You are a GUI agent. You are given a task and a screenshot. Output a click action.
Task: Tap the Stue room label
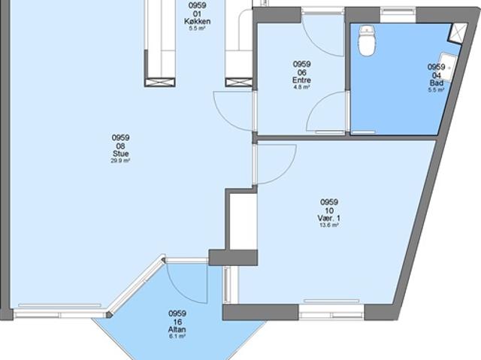(120, 153)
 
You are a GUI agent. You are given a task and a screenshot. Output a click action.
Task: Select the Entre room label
(301, 80)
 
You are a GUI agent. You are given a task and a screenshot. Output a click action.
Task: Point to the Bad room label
(436, 82)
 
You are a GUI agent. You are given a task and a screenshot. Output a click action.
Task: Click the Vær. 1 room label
(329, 218)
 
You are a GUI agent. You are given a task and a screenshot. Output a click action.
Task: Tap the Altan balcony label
(177, 330)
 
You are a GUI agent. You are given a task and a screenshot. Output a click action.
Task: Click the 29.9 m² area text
(120, 161)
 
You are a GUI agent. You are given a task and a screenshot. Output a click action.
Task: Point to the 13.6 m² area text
(329, 225)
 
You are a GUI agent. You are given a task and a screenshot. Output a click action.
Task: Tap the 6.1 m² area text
(177, 337)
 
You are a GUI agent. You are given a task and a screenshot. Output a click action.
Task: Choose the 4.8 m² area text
(301, 87)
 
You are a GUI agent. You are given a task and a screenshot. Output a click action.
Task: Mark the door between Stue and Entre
(233, 110)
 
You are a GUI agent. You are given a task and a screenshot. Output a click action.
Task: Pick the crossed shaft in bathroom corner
(457, 32)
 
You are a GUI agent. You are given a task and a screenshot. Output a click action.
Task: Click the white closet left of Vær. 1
(242, 222)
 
